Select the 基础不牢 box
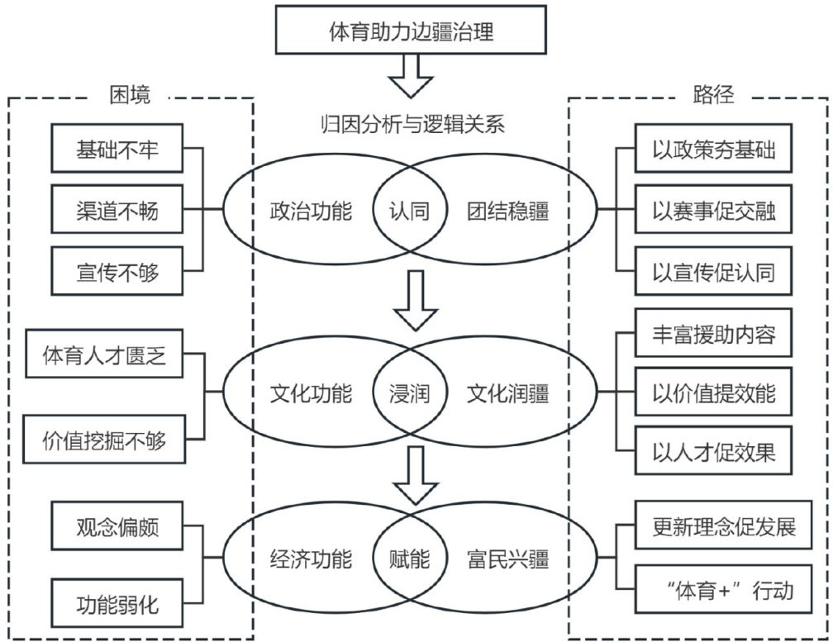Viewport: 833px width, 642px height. pos(117,150)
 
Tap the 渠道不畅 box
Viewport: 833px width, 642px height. pos(117,212)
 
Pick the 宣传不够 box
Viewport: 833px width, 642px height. pos(117,272)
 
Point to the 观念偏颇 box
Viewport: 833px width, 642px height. pos(117,525)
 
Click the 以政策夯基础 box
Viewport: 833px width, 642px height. pos(713,151)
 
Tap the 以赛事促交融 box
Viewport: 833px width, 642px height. pos(713,212)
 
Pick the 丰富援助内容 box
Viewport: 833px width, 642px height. pos(713,334)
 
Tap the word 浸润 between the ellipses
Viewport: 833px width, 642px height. pos(410,393)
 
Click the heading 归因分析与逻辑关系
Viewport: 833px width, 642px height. pos(411,125)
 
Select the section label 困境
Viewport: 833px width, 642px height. pos(131,95)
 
